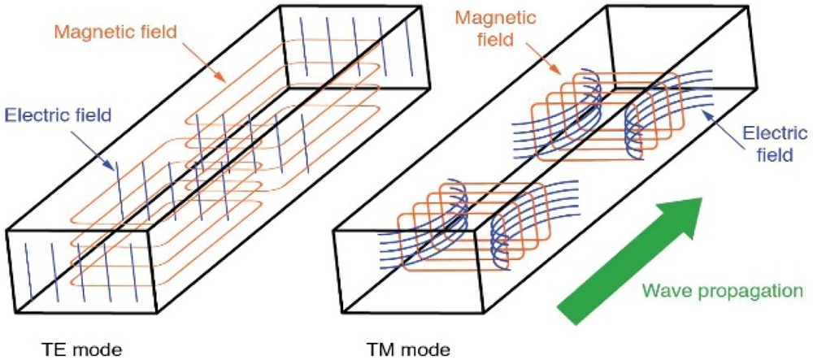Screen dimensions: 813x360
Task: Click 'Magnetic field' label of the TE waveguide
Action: click(x=116, y=33)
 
